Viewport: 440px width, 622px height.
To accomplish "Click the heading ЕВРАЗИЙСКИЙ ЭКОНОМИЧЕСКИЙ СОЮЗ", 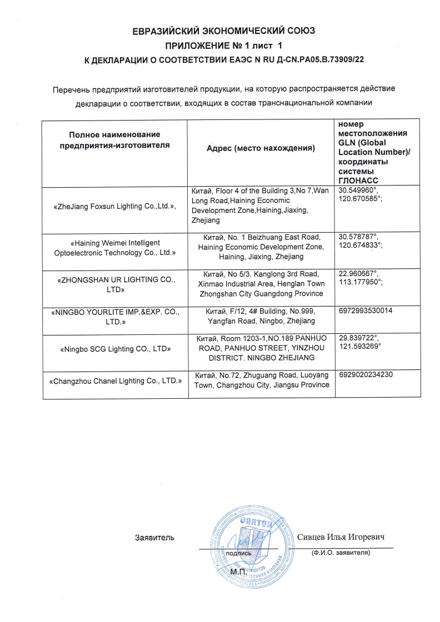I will tap(220, 31).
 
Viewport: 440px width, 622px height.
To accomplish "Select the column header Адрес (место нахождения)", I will tap(261, 148).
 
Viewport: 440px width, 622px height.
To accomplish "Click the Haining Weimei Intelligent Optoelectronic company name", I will tap(114, 247).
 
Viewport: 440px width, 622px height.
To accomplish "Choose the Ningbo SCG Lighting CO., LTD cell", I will tap(114, 349).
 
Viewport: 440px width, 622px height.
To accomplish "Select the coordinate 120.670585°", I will tap(360, 198).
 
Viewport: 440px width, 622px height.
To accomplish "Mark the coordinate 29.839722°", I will tap(358, 337).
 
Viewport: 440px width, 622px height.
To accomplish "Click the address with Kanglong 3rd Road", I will tap(261, 283).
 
